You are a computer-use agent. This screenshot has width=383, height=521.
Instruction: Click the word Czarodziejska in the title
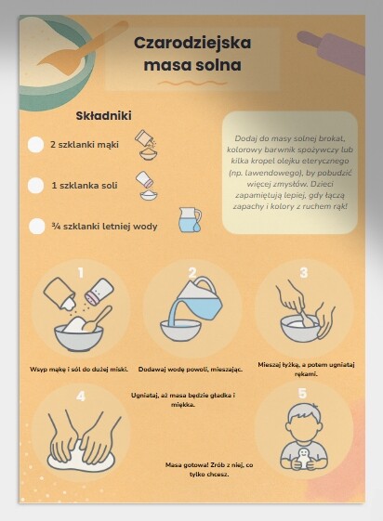pyautogui.click(x=192, y=43)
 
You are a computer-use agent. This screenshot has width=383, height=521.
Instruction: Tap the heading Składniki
pyautogui.click(x=104, y=116)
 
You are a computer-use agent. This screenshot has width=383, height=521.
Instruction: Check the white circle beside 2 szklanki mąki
pyautogui.click(x=35, y=145)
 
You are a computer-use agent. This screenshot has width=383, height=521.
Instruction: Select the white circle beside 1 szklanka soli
pyautogui.click(x=35, y=186)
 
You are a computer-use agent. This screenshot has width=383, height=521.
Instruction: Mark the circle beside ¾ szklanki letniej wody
pyautogui.click(x=36, y=227)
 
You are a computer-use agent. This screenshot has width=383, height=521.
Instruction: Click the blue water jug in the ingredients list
pyautogui.click(x=190, y=219)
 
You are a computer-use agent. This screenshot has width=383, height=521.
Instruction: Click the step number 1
pyautogui.click(x=81, y=273)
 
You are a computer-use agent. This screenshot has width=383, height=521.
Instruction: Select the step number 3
pyautogui.click(x=304, y=272)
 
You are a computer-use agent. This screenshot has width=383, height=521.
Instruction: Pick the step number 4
pyautogui.click(x=81, y=396)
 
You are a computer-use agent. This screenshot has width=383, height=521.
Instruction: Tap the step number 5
pyautogui.click(x=302, y=393)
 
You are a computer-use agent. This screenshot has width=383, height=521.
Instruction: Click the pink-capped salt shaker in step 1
pyautogui.click(x=99, y=292)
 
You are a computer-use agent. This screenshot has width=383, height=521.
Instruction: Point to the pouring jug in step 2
pyautogui.click(x=197, y=301)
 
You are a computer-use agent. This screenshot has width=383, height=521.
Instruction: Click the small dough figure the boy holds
pyautogui.click(x=303, y=458)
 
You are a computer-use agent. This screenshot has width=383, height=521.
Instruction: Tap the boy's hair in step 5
pyautogui.click(x=305, y=413)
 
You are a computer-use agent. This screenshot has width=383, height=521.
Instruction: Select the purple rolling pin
pyautogui.click(x=333, y=50)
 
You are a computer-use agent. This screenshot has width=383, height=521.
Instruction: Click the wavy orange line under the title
pyautogui.click(x=192, y=83)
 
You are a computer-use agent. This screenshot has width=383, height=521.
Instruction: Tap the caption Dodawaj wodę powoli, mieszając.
pyautogui.click(x=191, y=369)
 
